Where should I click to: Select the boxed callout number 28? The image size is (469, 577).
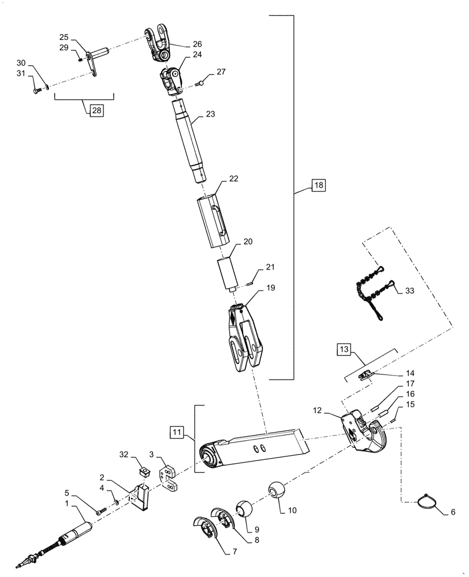point(95,110)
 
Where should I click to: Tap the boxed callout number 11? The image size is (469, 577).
point(177,431)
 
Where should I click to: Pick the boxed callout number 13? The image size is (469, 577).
point(344,350)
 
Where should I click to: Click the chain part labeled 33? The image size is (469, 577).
point(370,291)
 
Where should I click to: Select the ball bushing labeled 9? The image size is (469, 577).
point(244,509)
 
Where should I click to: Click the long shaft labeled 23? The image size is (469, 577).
point(190,141)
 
